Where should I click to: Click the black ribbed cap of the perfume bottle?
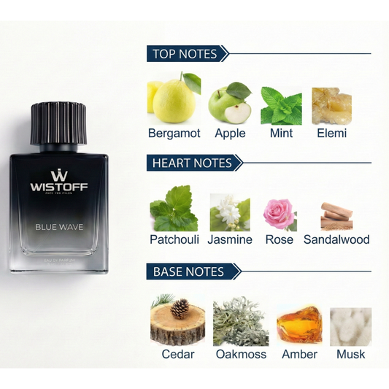pyautogui.click(x=58, y=123)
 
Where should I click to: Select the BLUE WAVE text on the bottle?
pyautogui.click(x=59, y=227)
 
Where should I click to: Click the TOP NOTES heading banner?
pyautogui.click(x=186, y=53)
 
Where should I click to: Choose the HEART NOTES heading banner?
pyautogui.click(x=192, y=163)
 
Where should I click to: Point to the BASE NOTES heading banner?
pyautogui.click(x=189, y=271)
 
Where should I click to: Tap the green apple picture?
pyautogui.click(x=230, y=104)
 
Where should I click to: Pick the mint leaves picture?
pyautogui.click(x=281, y=105)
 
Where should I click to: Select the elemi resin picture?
pyautogui.click(x=331, y=105)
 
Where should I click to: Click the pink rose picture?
pyautogui.click(x=280, y=213)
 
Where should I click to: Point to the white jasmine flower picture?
pyautogui.click(x=229, y=213)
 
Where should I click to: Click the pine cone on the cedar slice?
pyautogui.click(x=179, y=309)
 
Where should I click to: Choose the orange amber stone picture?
pyautogui.click(x=299, y=324)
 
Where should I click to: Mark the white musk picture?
pyautogui.click(x=350, y=326)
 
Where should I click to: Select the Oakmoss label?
pyautogui.click(x=241, y=354)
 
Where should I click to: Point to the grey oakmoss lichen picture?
pyautogui.click(x=241, y=321)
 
